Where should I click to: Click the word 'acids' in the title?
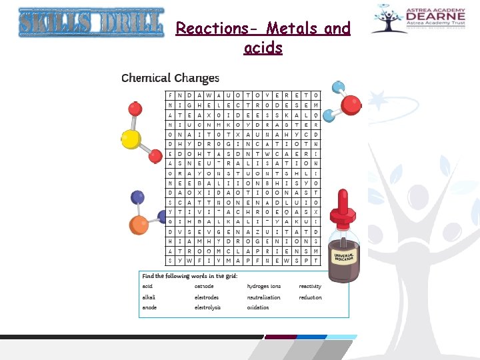[263, 48]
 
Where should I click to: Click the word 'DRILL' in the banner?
[132, 23]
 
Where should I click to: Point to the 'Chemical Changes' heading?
[169, 78]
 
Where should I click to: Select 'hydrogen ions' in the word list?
[264, 287]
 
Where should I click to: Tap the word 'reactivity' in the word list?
[310, 287]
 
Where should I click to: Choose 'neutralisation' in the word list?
[264, 297]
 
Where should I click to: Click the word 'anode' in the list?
[149, 307]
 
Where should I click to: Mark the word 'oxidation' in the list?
[259, 307]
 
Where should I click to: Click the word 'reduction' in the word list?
[310, 297]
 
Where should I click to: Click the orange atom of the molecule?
[139, 223]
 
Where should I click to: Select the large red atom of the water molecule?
[351, 105]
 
